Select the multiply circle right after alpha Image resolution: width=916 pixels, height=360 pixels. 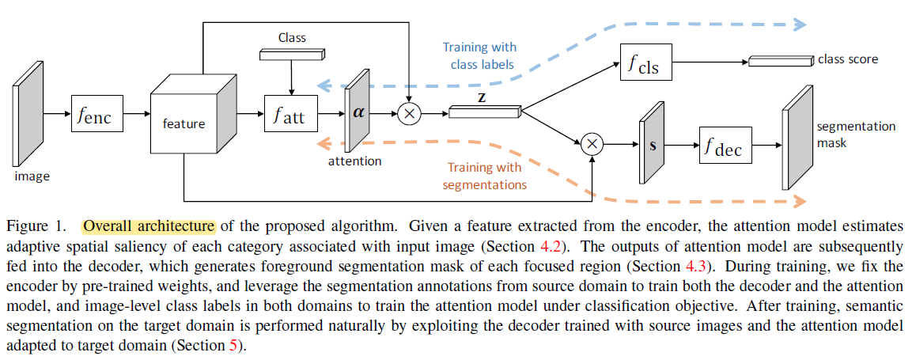point(409,113)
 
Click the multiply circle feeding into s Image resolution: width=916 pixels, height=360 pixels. point(592,143)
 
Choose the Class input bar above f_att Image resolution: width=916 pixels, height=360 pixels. point(292,53)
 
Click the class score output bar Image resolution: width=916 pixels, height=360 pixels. point(780,60)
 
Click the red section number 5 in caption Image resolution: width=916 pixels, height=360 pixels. point(233,346)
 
